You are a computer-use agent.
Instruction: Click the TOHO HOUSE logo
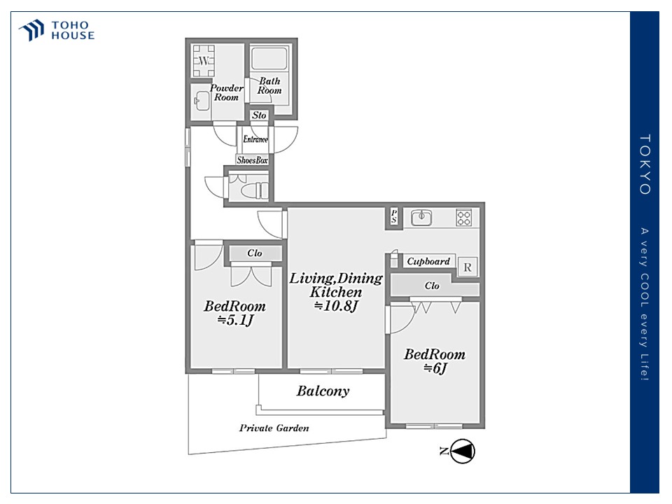coord(56,30)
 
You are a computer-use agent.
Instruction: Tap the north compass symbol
coord(462,451)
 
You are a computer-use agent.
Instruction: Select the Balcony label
coord(323,391)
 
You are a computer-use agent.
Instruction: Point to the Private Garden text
coord(274,428)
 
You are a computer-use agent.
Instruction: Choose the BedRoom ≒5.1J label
coord(234,313)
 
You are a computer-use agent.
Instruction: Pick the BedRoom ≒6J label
coord(435,361)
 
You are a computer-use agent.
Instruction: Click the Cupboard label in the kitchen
coord(428,262)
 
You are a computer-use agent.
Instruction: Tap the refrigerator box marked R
coord(468,267)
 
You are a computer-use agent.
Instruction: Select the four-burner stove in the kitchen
coord(464,218)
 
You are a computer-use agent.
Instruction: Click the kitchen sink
coord(422,218)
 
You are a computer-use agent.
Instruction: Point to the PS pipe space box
coord(394,218)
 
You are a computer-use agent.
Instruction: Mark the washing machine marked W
coord(204,62)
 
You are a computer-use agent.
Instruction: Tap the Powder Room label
coord(227,92)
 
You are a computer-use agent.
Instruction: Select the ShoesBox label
coord(253,160)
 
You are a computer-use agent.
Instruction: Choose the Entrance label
coord(255,139)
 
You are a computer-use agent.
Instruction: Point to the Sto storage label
coord(260,115)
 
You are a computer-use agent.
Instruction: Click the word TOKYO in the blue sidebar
coord(645,165)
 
